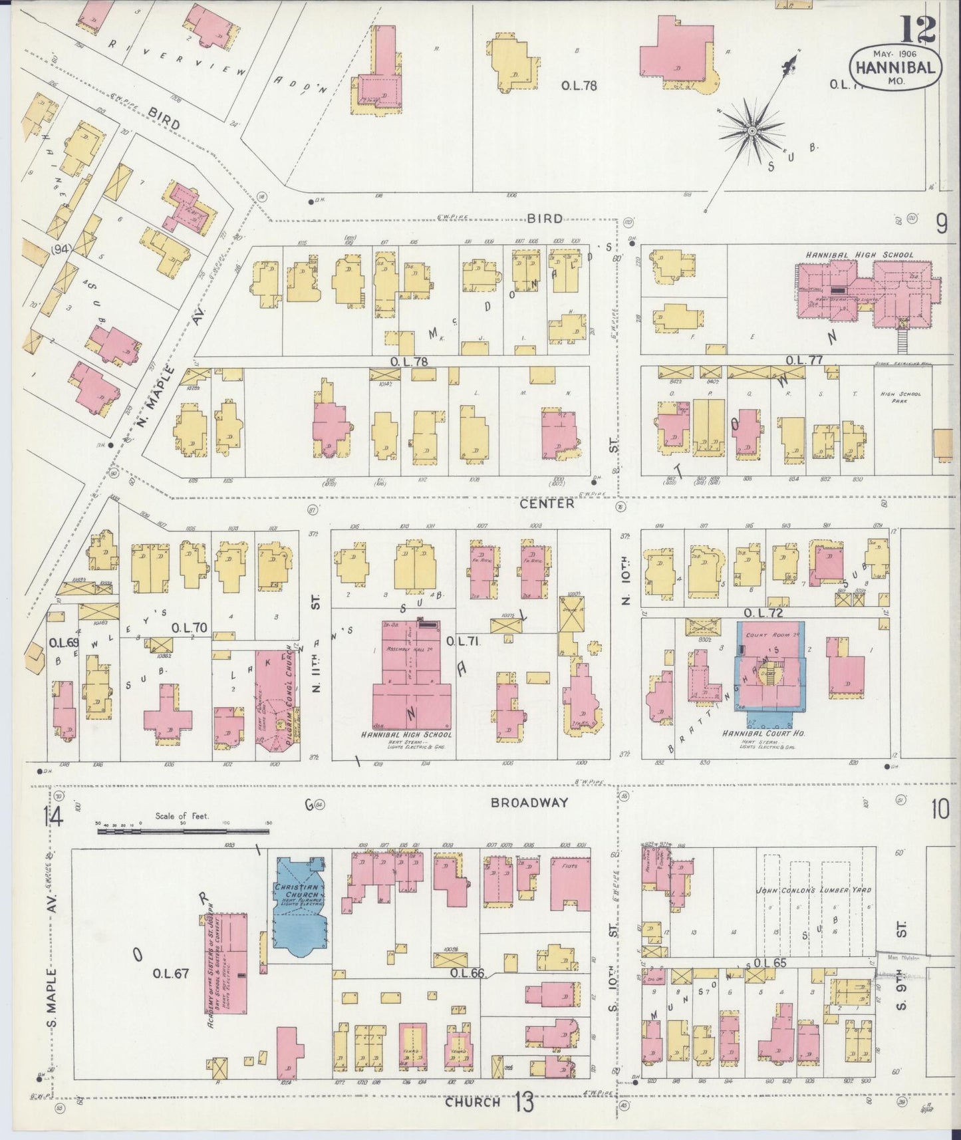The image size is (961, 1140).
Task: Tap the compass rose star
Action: tap(752, 130)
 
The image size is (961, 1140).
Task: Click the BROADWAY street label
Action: tap(529, 802)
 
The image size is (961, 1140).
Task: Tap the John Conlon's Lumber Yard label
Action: tap(813, 889)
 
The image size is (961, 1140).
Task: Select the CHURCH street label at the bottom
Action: tap(472, 1102)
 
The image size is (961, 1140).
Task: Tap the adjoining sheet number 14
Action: tap(53, 815)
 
